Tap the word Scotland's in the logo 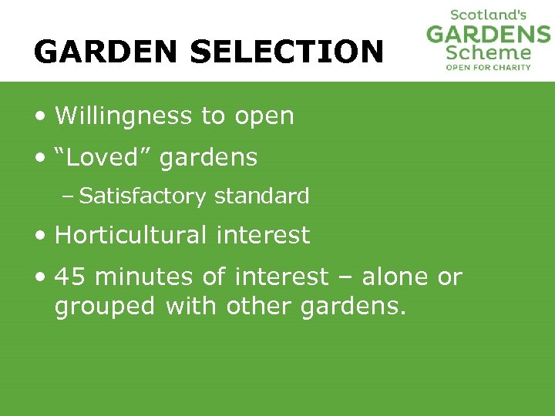488,15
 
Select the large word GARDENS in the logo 489,35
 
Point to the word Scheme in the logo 489,53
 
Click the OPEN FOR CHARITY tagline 489,67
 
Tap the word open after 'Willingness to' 264,116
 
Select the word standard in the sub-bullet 261,196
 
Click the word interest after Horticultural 263,234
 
